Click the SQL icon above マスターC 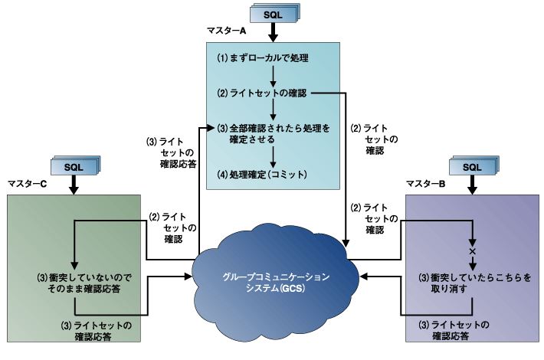click(74, 165)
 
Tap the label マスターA click(226, 31)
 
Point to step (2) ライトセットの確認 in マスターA click(261, 93)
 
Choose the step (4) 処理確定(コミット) click(261, 175)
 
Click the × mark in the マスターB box click(472, 251)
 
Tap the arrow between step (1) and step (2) click(274, 75)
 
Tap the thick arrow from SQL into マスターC click(74, 185)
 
